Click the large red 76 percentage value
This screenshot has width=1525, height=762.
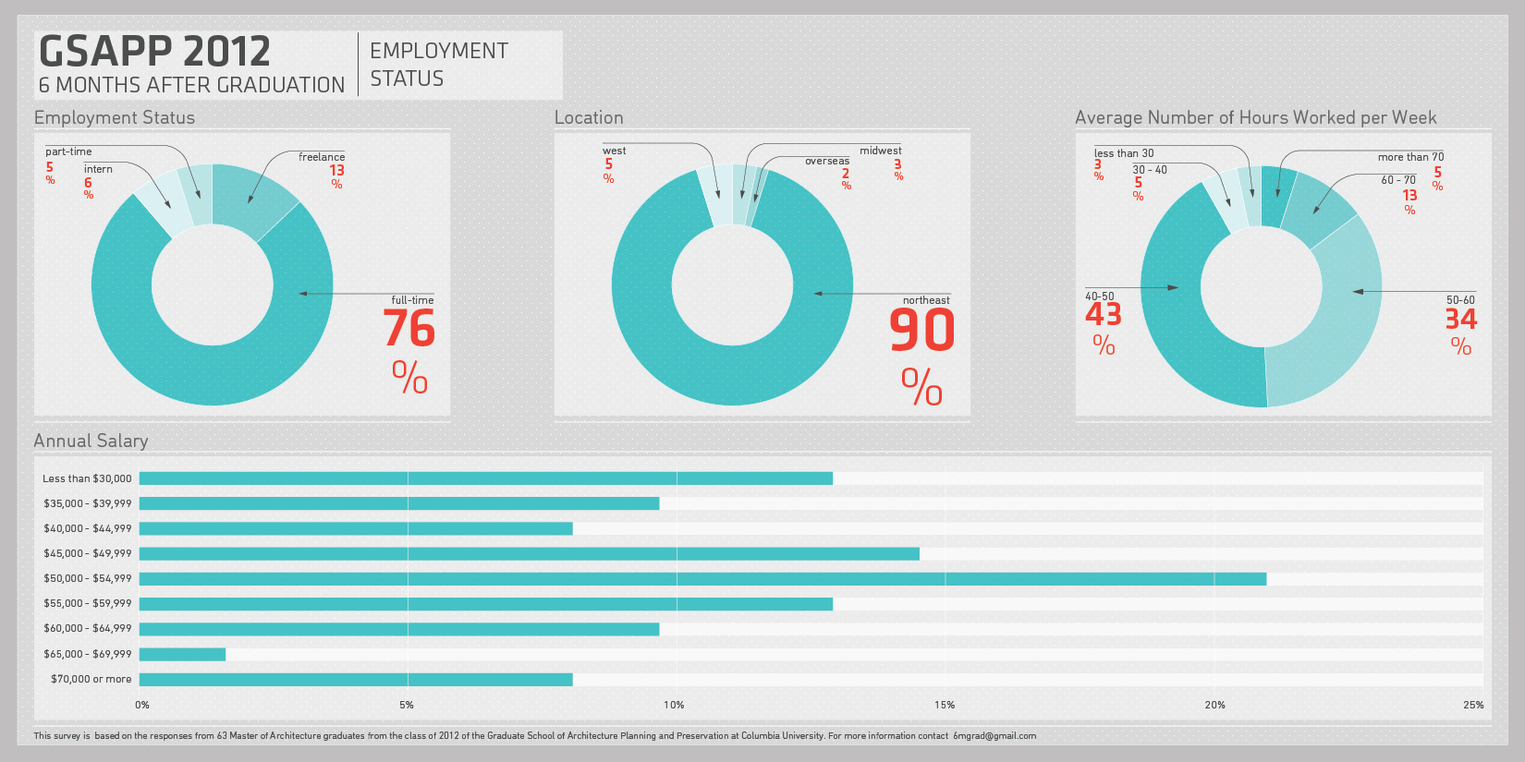[x=409, y=328]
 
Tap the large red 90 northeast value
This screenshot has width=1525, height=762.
[x=921, y=330]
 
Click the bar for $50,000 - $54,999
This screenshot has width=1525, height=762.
[x=702, y=579]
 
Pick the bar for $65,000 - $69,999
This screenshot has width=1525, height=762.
[x=182, y=654]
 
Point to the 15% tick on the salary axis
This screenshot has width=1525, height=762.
[x=945, y=705]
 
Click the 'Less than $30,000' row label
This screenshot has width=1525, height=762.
[x=87, y=478]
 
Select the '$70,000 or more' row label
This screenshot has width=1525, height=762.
[x=91, y=679]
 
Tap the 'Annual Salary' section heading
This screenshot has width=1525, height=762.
[x=91, y=441]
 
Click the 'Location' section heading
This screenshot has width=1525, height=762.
[x=589, y=117]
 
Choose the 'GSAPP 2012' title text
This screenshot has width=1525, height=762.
[x=154, y=52]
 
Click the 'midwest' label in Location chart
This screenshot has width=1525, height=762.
[x=880, y=151]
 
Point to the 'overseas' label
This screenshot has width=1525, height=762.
[x=826, y=161]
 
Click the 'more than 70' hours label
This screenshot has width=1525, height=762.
[x=1409, y=157]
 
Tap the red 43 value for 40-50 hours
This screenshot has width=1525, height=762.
[x=1103, y=315]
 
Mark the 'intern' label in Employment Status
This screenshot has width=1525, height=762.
[x=98, y=169]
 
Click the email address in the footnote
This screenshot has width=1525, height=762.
[x=994, y=736]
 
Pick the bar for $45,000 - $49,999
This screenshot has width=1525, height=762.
[x=529, y=554]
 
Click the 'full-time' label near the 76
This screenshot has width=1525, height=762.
[x=412, y=300]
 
